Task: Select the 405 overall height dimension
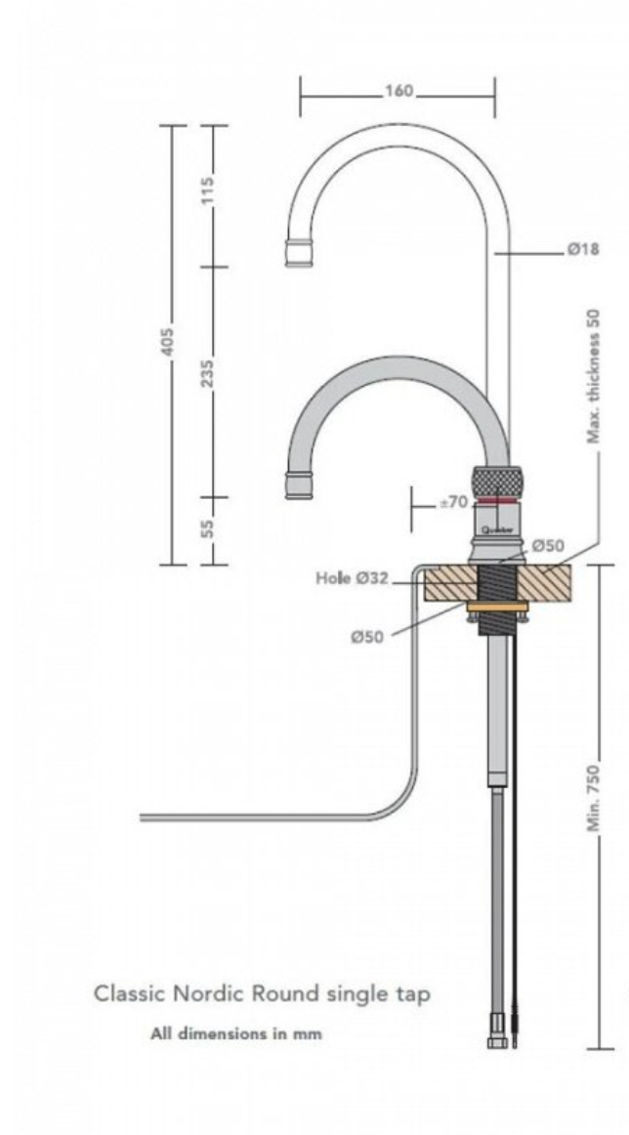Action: (168, 343)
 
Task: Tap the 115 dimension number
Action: (208, 188)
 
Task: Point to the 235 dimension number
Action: (208, 371)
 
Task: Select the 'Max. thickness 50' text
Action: (594, 376)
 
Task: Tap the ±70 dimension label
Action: (452, 503)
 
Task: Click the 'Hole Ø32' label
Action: (352, 578)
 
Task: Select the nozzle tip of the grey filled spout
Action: (299, 484)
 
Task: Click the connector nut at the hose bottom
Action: (494, 1041)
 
